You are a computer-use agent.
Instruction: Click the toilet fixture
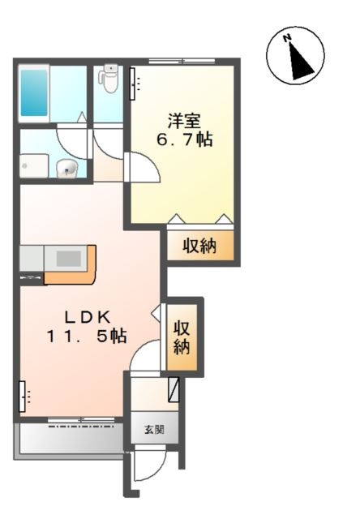[109, 78]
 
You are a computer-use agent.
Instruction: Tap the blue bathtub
[34, 92]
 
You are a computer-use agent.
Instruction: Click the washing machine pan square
[34, 166]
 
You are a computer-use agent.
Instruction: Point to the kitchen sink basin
[68, 258]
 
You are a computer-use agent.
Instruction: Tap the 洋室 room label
[184, 121]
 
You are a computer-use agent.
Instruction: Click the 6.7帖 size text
[184, 139]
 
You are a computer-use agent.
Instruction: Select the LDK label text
[88, 318]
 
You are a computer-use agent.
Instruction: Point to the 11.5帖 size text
[87, 337]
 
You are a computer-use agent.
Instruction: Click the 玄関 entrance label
[154, 430]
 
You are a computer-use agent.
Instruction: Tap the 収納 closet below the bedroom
[200, 245]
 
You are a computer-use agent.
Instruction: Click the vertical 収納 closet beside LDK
[182, 337]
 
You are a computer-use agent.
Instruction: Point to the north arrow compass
[295, 56]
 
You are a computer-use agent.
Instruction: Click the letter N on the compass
[287, 38]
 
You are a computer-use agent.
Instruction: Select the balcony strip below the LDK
[69, 440]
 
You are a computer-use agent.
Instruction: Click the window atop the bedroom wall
[182, 62]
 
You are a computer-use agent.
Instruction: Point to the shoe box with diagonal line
[174, 389]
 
